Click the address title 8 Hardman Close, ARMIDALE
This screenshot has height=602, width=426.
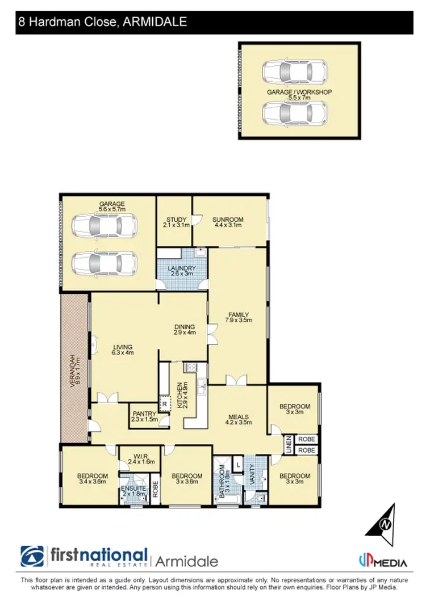[x=103, y=23]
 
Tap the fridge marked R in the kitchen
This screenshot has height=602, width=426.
[x=164, y=403]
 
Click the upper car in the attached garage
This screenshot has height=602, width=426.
[x=105, y=225]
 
